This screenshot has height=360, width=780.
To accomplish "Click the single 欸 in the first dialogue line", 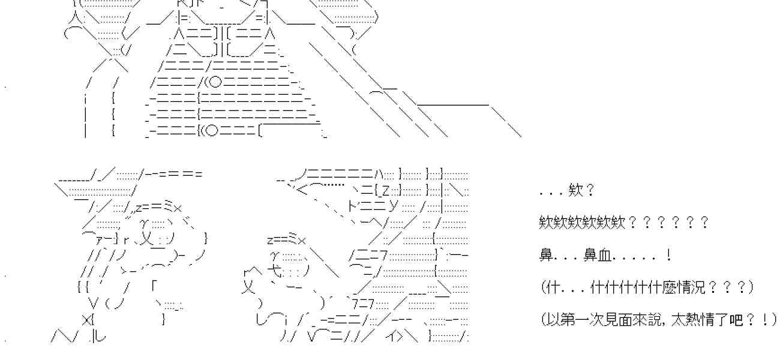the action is coord(571,191).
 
